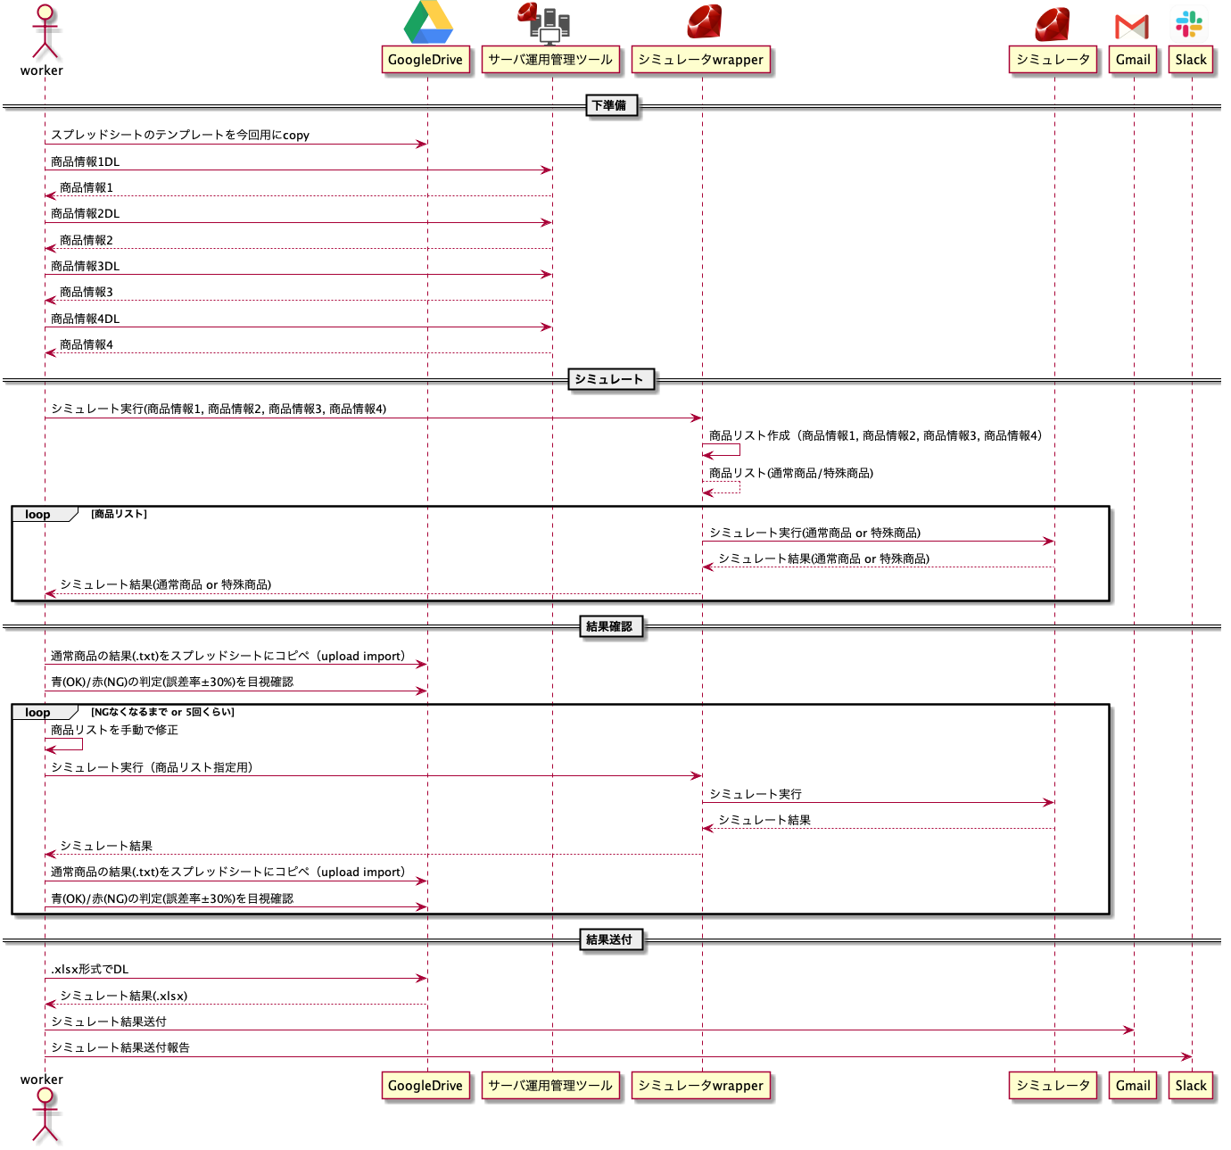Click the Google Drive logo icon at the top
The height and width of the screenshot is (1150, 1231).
point(427,23)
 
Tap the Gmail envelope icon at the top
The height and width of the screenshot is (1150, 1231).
point(1132,27)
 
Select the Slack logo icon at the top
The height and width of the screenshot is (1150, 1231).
point(1189,24)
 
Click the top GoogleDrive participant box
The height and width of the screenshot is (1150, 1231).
point(425,60)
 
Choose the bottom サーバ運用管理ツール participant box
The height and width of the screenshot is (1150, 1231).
point(550,1086)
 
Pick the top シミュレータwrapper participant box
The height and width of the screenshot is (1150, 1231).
point(701,60)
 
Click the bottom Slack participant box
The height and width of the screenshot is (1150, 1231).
point(1191,1086)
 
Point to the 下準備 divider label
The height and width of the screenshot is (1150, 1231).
point(609,105)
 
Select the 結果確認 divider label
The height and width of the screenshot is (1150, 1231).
point(609,626)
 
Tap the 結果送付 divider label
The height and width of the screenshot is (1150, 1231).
point(609,939)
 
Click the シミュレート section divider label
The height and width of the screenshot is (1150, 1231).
point(609,379)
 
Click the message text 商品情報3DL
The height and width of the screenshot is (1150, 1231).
point(86,266)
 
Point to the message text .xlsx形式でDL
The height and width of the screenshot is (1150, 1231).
point(89,969)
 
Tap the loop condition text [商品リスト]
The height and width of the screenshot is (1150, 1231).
point(119,514)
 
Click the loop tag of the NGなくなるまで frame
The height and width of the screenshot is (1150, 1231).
point(38,712)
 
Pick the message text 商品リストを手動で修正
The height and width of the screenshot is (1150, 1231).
point(114,730)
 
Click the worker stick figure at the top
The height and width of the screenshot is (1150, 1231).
point(45,31)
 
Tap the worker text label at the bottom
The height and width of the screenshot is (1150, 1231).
point(42,1080)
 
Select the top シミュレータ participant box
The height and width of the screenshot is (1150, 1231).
point(1053,60)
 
